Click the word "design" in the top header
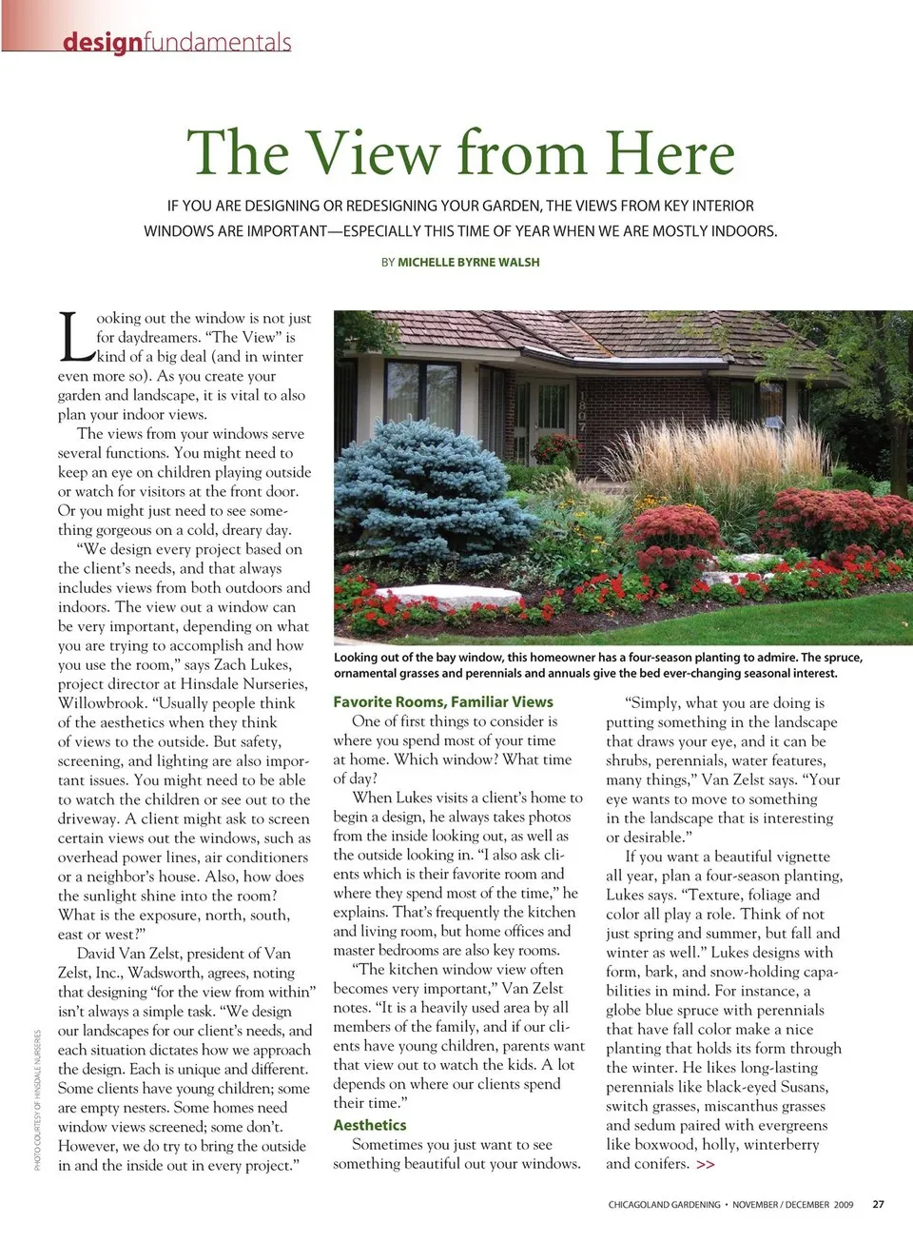pyautogui.click(x=102, y=43)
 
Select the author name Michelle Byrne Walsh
pyautogui.click(x=468, y=262)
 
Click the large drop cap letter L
pyautogui.click(x=76, y=338)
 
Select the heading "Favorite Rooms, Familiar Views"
pyautogui.click(x=442, y=701)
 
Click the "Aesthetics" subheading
pyautogui.click(x=369, y=1125)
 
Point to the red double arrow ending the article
pyautogui.click(x=705, y=1164)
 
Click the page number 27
pyautogui.click(x=878, y=1204)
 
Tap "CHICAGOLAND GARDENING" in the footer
pyautogui.click(x=664, y=1204)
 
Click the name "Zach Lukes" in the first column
pyautogui.click(x=251, y=664)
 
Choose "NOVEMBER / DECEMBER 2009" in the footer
pyautogui.click(x=792, y=1204)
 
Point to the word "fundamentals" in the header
pyautogui.click(x=217, y=43)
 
